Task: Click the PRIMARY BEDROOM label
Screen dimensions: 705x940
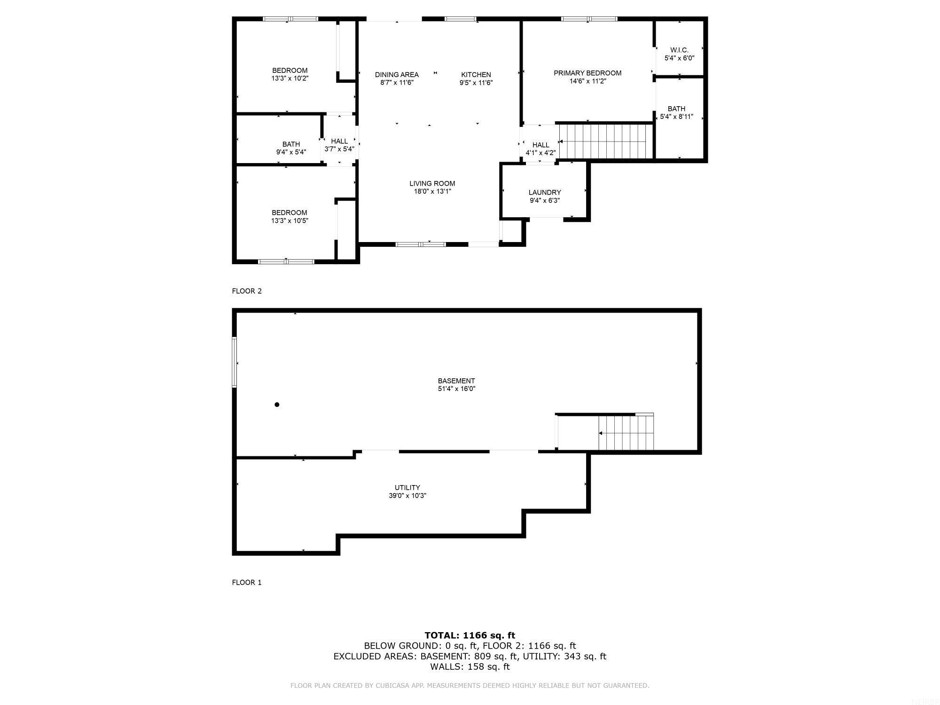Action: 587,73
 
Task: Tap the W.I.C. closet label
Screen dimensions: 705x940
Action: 679,50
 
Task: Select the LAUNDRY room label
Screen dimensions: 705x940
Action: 544,192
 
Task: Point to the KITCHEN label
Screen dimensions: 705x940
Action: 476,75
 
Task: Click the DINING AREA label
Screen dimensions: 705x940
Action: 397,75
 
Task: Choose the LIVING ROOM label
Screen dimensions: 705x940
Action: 432,183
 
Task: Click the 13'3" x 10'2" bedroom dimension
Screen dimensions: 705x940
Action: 290,78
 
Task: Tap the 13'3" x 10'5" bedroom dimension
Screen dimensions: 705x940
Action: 290,220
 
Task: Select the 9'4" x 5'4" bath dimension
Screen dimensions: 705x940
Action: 291,152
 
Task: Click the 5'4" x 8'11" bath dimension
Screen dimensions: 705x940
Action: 676,117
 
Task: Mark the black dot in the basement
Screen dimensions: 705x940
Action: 277,405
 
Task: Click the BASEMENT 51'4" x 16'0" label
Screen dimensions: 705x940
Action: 456,384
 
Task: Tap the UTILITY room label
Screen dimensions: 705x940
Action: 407,487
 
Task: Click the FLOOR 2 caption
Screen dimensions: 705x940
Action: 247,291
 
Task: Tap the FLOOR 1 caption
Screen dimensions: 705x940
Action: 247,582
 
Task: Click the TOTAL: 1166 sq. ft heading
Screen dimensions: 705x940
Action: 470,635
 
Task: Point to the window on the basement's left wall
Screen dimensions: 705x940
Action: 234,362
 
